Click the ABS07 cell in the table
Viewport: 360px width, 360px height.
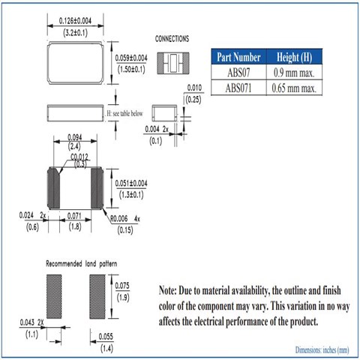point(238,73)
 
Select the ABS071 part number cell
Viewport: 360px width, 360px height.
point(238,88)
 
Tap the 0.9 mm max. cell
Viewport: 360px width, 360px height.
point(294,73)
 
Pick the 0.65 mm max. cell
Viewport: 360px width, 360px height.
point(294,88)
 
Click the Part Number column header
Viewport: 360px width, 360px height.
point(238,57)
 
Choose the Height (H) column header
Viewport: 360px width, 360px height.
point(294,57)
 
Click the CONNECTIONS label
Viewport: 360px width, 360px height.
point(172,39)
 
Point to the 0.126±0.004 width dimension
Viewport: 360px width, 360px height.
point(75,21)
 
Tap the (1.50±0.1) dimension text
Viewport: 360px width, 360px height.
point(131,69)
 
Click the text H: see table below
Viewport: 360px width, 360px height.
point(124,113)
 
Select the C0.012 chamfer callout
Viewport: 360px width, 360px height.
point(79,157)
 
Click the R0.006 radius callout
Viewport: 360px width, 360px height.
point(119,219)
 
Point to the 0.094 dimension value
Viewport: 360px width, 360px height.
point(75,137)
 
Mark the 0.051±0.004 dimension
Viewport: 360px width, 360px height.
point(131,183)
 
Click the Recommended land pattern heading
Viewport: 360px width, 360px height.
point(82,264)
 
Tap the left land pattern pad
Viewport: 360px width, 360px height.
point(54,296)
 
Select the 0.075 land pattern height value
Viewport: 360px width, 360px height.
point(122,286)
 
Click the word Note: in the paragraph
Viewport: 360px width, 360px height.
point(168,290)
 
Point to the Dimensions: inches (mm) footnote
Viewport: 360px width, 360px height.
point(322,350)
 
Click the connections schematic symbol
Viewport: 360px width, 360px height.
point(173,63)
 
